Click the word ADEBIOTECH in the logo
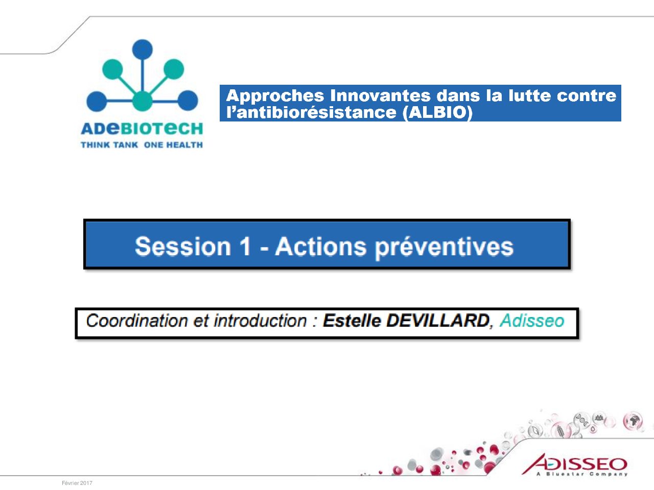(x=142, y=129)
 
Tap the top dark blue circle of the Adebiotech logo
(x=143, y=50)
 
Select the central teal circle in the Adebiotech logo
(x=143, y=101)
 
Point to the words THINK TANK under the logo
(x=109, y=145)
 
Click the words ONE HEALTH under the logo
(x=173, y=145)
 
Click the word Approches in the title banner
(x=275, y=96)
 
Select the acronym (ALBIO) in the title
(x=437, y=113)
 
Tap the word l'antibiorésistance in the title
(x=311, y=112)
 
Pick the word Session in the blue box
(x=183, y=247)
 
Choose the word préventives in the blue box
(x=444, y=248)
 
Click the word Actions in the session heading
(x=320, y=247)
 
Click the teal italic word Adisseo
(x=532, y=321)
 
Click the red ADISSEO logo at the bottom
(x=574, y=464)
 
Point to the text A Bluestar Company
(x=582, y=474)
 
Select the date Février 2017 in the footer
(x=77, y=483)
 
